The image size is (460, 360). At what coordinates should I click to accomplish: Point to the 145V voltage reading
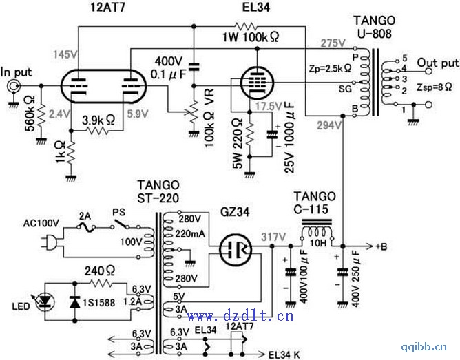coord(61,52)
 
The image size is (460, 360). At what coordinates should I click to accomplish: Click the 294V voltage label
coord(330,126)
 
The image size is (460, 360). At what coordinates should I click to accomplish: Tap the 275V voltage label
coord(333,43)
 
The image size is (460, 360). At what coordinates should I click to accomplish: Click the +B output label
coord(383,246)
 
